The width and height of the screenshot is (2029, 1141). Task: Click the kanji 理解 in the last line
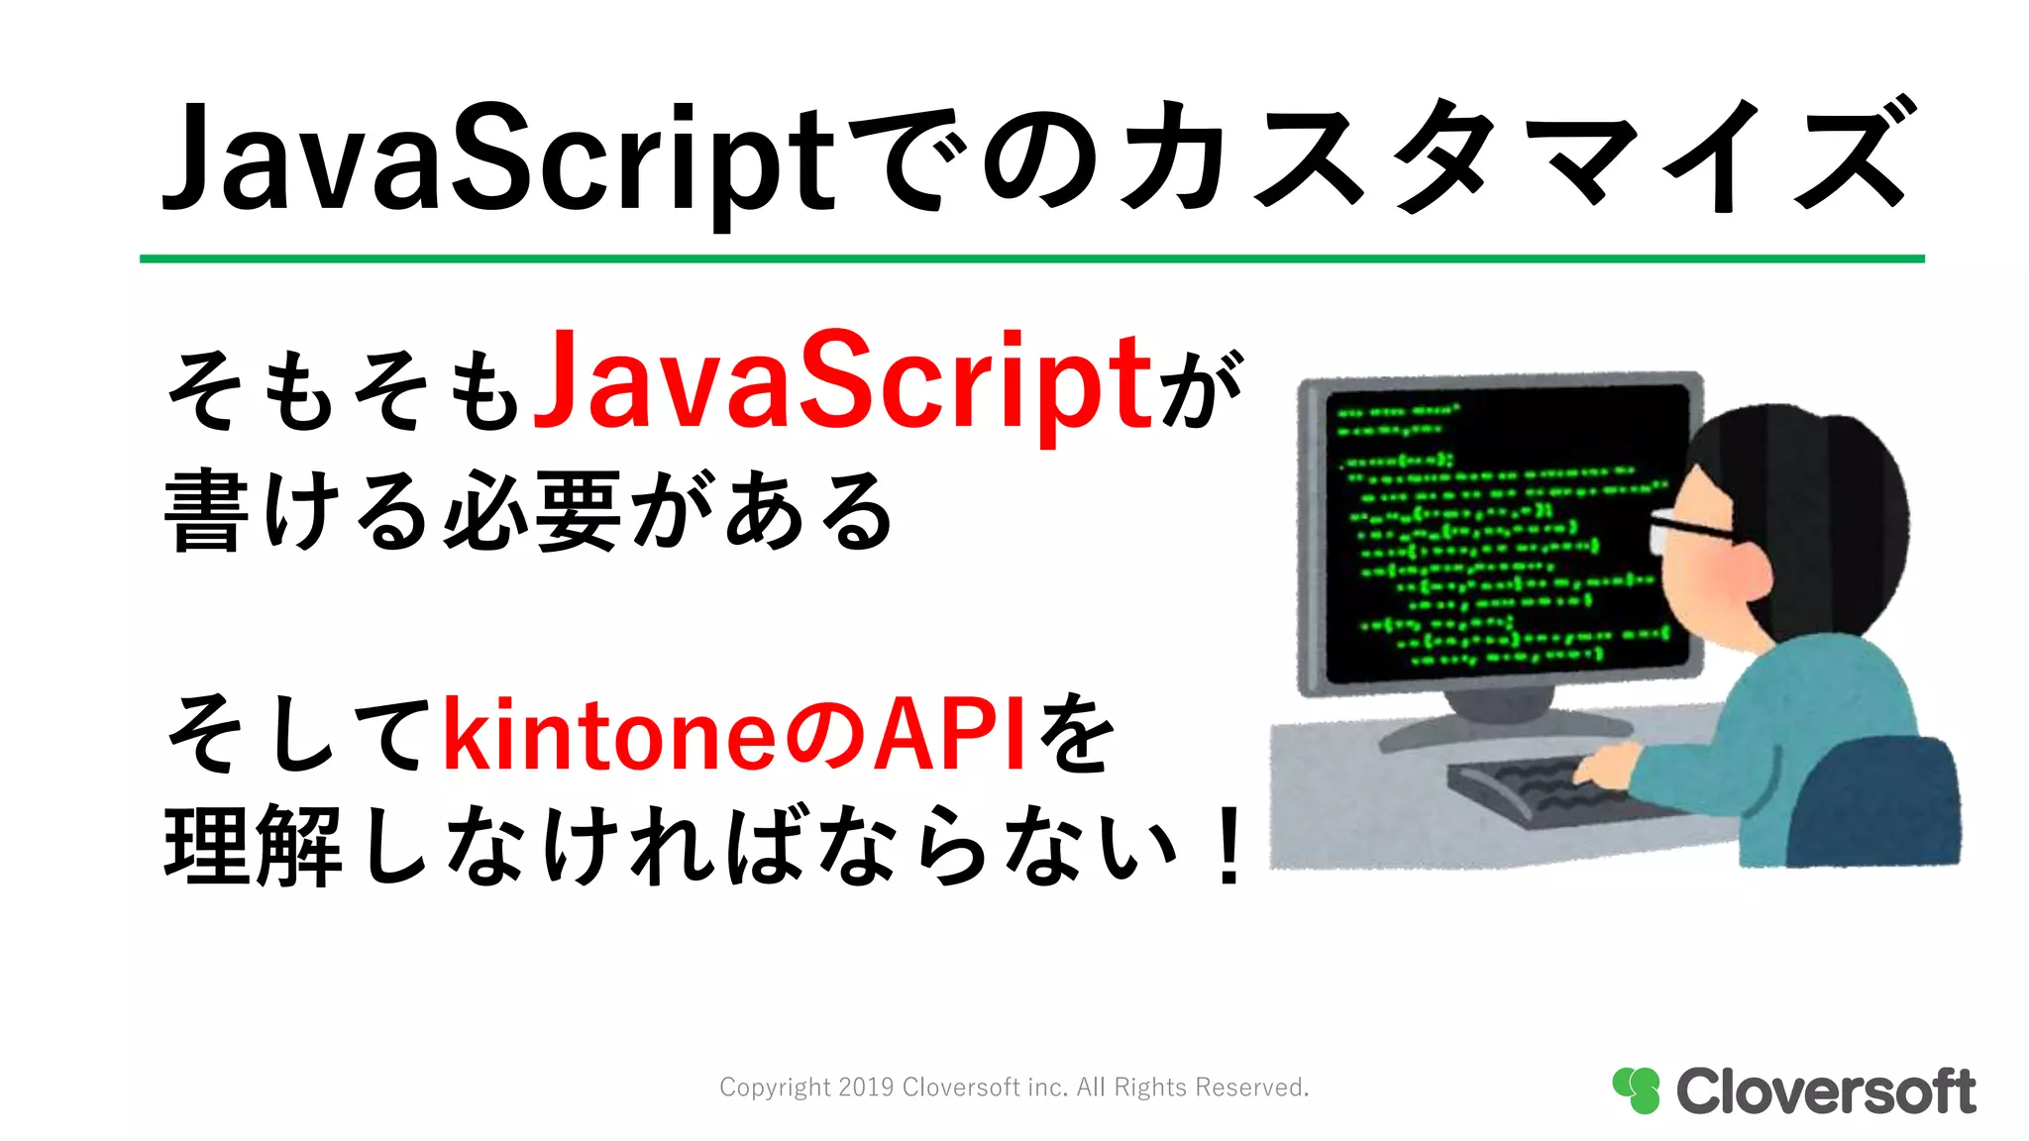(x=254, y=846)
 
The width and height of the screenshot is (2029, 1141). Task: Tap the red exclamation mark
(x=1229, y=846)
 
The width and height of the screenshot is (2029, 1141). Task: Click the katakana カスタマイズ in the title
(x=1516, y=158)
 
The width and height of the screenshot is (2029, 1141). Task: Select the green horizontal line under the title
(x=1030, y=259)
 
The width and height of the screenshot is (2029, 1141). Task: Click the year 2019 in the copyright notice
(x=866, y=1088)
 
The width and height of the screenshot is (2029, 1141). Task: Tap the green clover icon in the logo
(x=1636, y=1089)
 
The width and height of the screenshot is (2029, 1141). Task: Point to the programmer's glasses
(x=1684, y=530)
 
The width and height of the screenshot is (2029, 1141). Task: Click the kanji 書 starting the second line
(x=205, y=511)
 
